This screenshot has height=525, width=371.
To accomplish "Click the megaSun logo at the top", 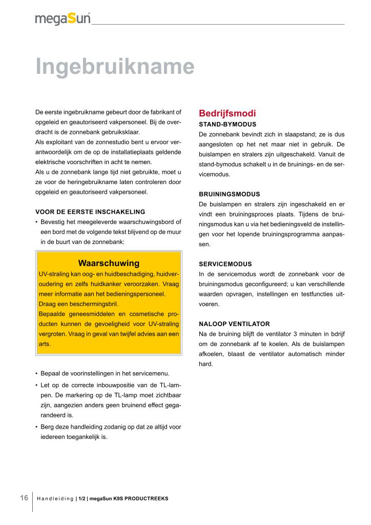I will [x=63, y=19].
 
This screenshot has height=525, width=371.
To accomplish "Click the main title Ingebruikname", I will [x=115, y=67].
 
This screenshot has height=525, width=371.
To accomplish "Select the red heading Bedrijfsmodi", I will [x=227, y=113].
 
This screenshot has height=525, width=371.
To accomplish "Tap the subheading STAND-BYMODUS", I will [x=228, y=124].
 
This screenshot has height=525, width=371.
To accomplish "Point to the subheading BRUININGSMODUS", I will [x=229, y=194].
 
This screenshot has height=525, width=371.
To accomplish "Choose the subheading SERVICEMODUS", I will [x=225, y=264].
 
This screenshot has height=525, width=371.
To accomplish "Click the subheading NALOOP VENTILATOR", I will [x=234, y=324].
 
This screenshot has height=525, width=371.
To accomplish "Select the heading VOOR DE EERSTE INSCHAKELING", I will [x=90, y=212].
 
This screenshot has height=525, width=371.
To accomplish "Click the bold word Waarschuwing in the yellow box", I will [x=109, y=264].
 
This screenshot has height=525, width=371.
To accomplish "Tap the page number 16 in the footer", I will [x=24, y=498].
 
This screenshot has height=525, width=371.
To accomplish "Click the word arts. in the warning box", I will [x=45, y=344].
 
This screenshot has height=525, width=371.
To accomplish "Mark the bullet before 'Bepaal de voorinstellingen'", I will [x=37, y=373].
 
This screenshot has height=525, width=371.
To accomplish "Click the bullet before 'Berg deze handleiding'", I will [x=37, y=427].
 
